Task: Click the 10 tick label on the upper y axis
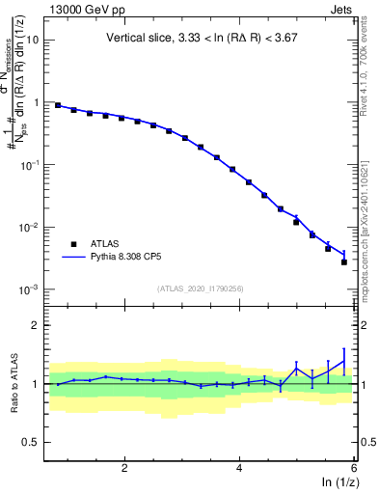coord(31,41)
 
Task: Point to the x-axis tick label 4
coord(239,468)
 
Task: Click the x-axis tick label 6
coord(353,468)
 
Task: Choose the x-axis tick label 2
coord(124,468)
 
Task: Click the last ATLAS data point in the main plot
coord(344,261)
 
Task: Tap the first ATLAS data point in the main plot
coord(58,105)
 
